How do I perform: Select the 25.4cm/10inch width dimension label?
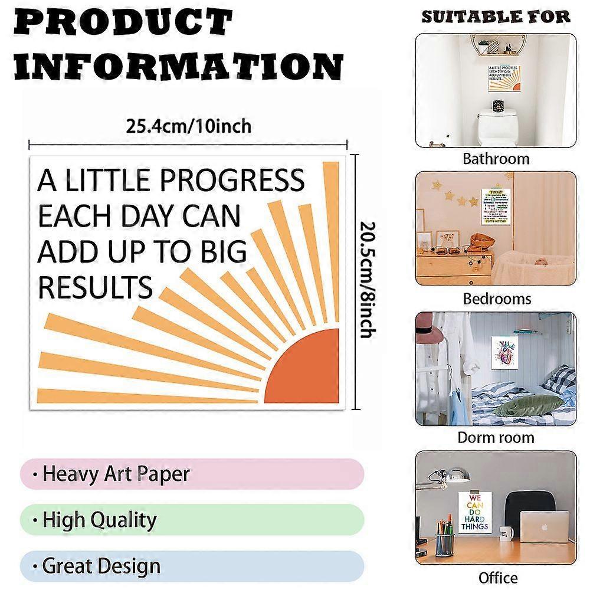click(188, 126)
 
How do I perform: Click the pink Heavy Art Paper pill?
click(192, 474)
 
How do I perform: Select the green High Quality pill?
click(192, 520)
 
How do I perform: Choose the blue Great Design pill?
click(192, 566)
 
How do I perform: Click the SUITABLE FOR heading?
click(496, 17)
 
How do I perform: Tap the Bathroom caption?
click(496, 158)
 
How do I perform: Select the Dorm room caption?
click(496, 437)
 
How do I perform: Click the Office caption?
click(498, 577)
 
